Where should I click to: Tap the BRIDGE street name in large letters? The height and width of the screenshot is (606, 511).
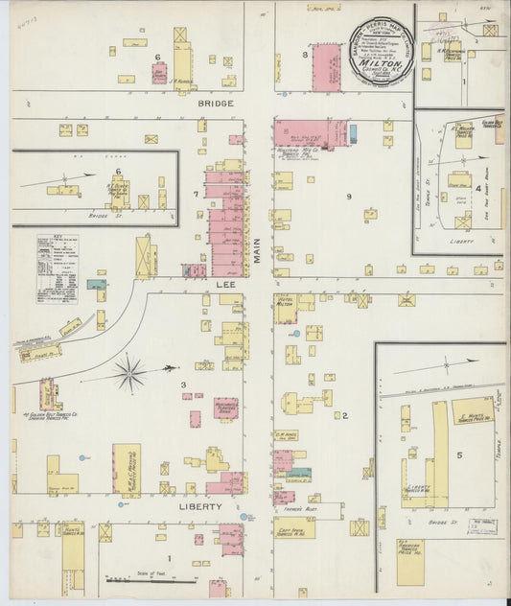217,102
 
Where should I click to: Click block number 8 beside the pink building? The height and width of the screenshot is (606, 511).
306,56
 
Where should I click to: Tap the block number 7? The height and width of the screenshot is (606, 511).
195,195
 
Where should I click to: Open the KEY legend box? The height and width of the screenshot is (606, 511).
58,256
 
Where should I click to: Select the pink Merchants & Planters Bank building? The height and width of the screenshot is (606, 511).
226,409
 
